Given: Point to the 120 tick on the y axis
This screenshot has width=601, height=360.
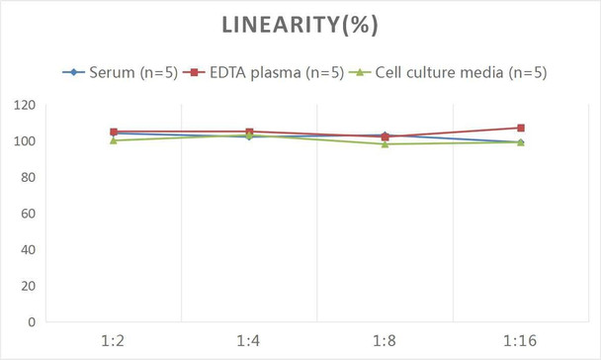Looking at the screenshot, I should (x=23, y=105).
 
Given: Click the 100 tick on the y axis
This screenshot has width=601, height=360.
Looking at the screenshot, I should (x=23, y=141).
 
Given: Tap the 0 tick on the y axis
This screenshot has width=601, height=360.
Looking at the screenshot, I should (x=30, y=321).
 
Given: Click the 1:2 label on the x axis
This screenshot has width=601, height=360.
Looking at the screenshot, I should (x=113, y=341).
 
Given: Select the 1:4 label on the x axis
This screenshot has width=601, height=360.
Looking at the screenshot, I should (x=248, y=341).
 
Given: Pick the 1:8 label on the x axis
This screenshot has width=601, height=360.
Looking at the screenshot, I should (x=384, y=341).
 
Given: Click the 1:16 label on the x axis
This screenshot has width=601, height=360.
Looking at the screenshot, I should (x=519, y=341).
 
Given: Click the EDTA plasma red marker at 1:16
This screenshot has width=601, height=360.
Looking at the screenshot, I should (x=520, y=128).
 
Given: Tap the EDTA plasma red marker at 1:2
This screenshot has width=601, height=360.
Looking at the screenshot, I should (x=114, y=132).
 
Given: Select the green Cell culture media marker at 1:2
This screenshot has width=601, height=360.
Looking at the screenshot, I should (x=114, y=140).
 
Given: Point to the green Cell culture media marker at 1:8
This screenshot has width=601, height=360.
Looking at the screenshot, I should (x=385, y=144).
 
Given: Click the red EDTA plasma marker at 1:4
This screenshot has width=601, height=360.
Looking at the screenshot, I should (x=249, y=132).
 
